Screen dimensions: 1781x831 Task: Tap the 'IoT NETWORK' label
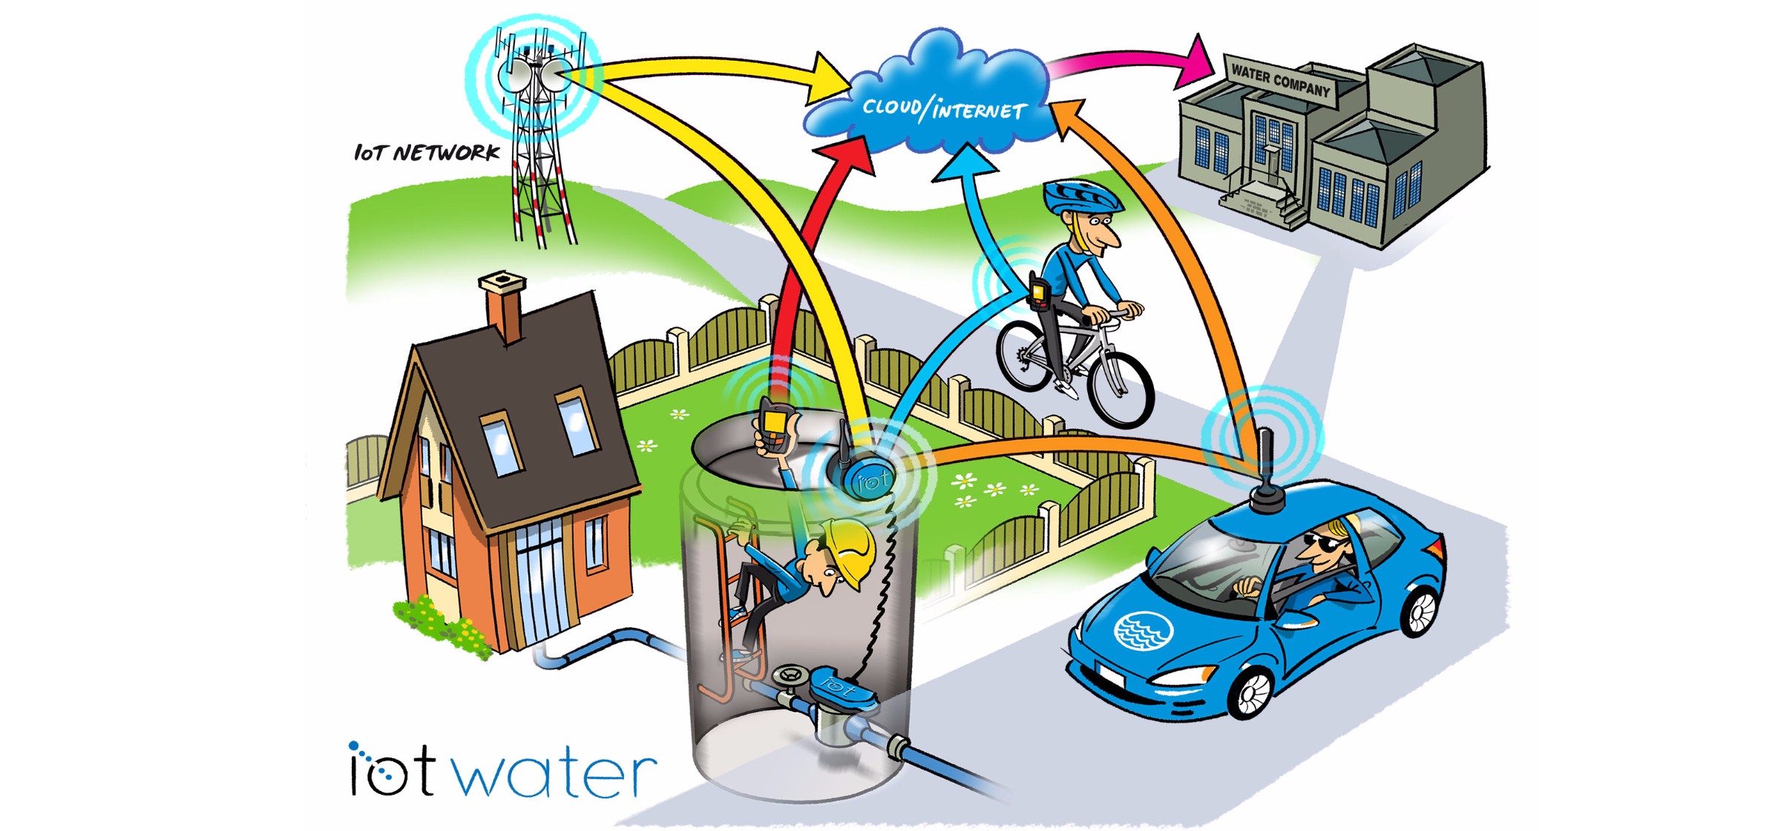(x=427, y=153)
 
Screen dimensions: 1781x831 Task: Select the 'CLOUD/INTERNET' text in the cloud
(x=944, y=109)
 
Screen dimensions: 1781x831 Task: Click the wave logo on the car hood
(x=1144, y=631)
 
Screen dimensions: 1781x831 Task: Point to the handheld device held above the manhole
(x=774, y=426)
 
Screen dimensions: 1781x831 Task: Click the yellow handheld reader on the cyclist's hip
(x=1039, y=293)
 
